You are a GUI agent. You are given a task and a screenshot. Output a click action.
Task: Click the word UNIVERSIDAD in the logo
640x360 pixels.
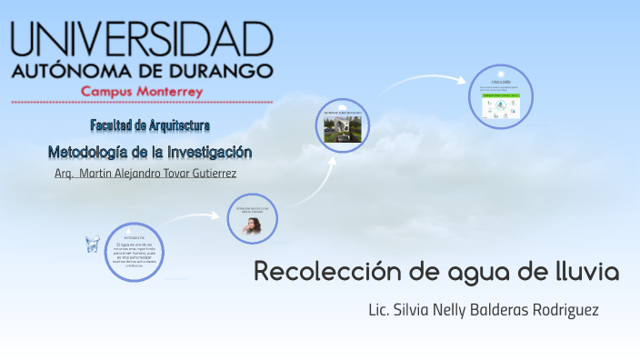pyautogui.click(x=142, y=40)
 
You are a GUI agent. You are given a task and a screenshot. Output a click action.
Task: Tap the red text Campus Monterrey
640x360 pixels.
pyautogui.click(x=142, y=92)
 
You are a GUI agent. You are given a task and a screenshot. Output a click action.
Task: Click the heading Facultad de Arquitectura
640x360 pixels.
pyautogui.click(x=150, y=124)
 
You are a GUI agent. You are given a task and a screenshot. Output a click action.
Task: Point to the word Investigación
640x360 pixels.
pyautogui.click(x=205, y=151)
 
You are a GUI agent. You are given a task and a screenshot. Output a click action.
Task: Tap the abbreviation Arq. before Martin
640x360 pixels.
pyautogui.click(x=64, y=173)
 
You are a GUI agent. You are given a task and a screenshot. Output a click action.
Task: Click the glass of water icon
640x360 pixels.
pyautogui.click(x=92, y=244)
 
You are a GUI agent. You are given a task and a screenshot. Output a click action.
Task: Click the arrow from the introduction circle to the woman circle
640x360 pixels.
pyautogui.click(x=195, y=217)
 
